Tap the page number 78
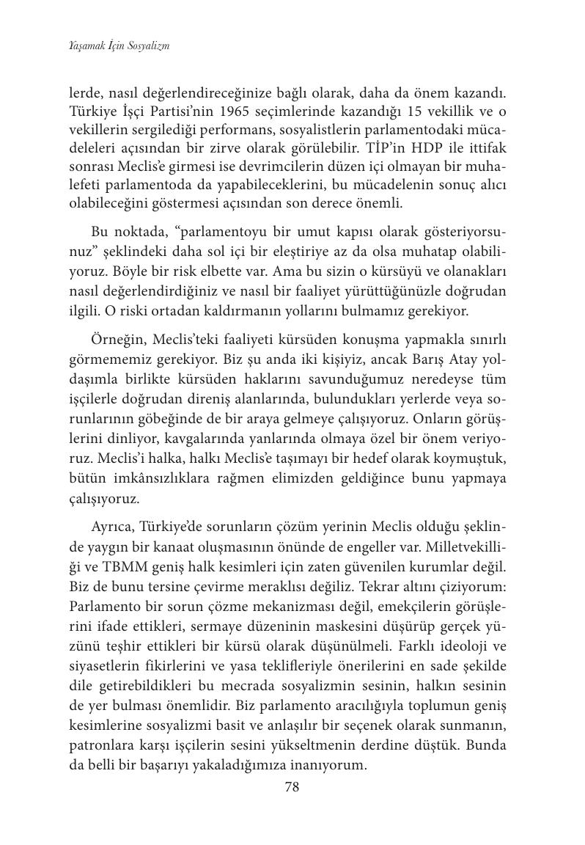292,787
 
